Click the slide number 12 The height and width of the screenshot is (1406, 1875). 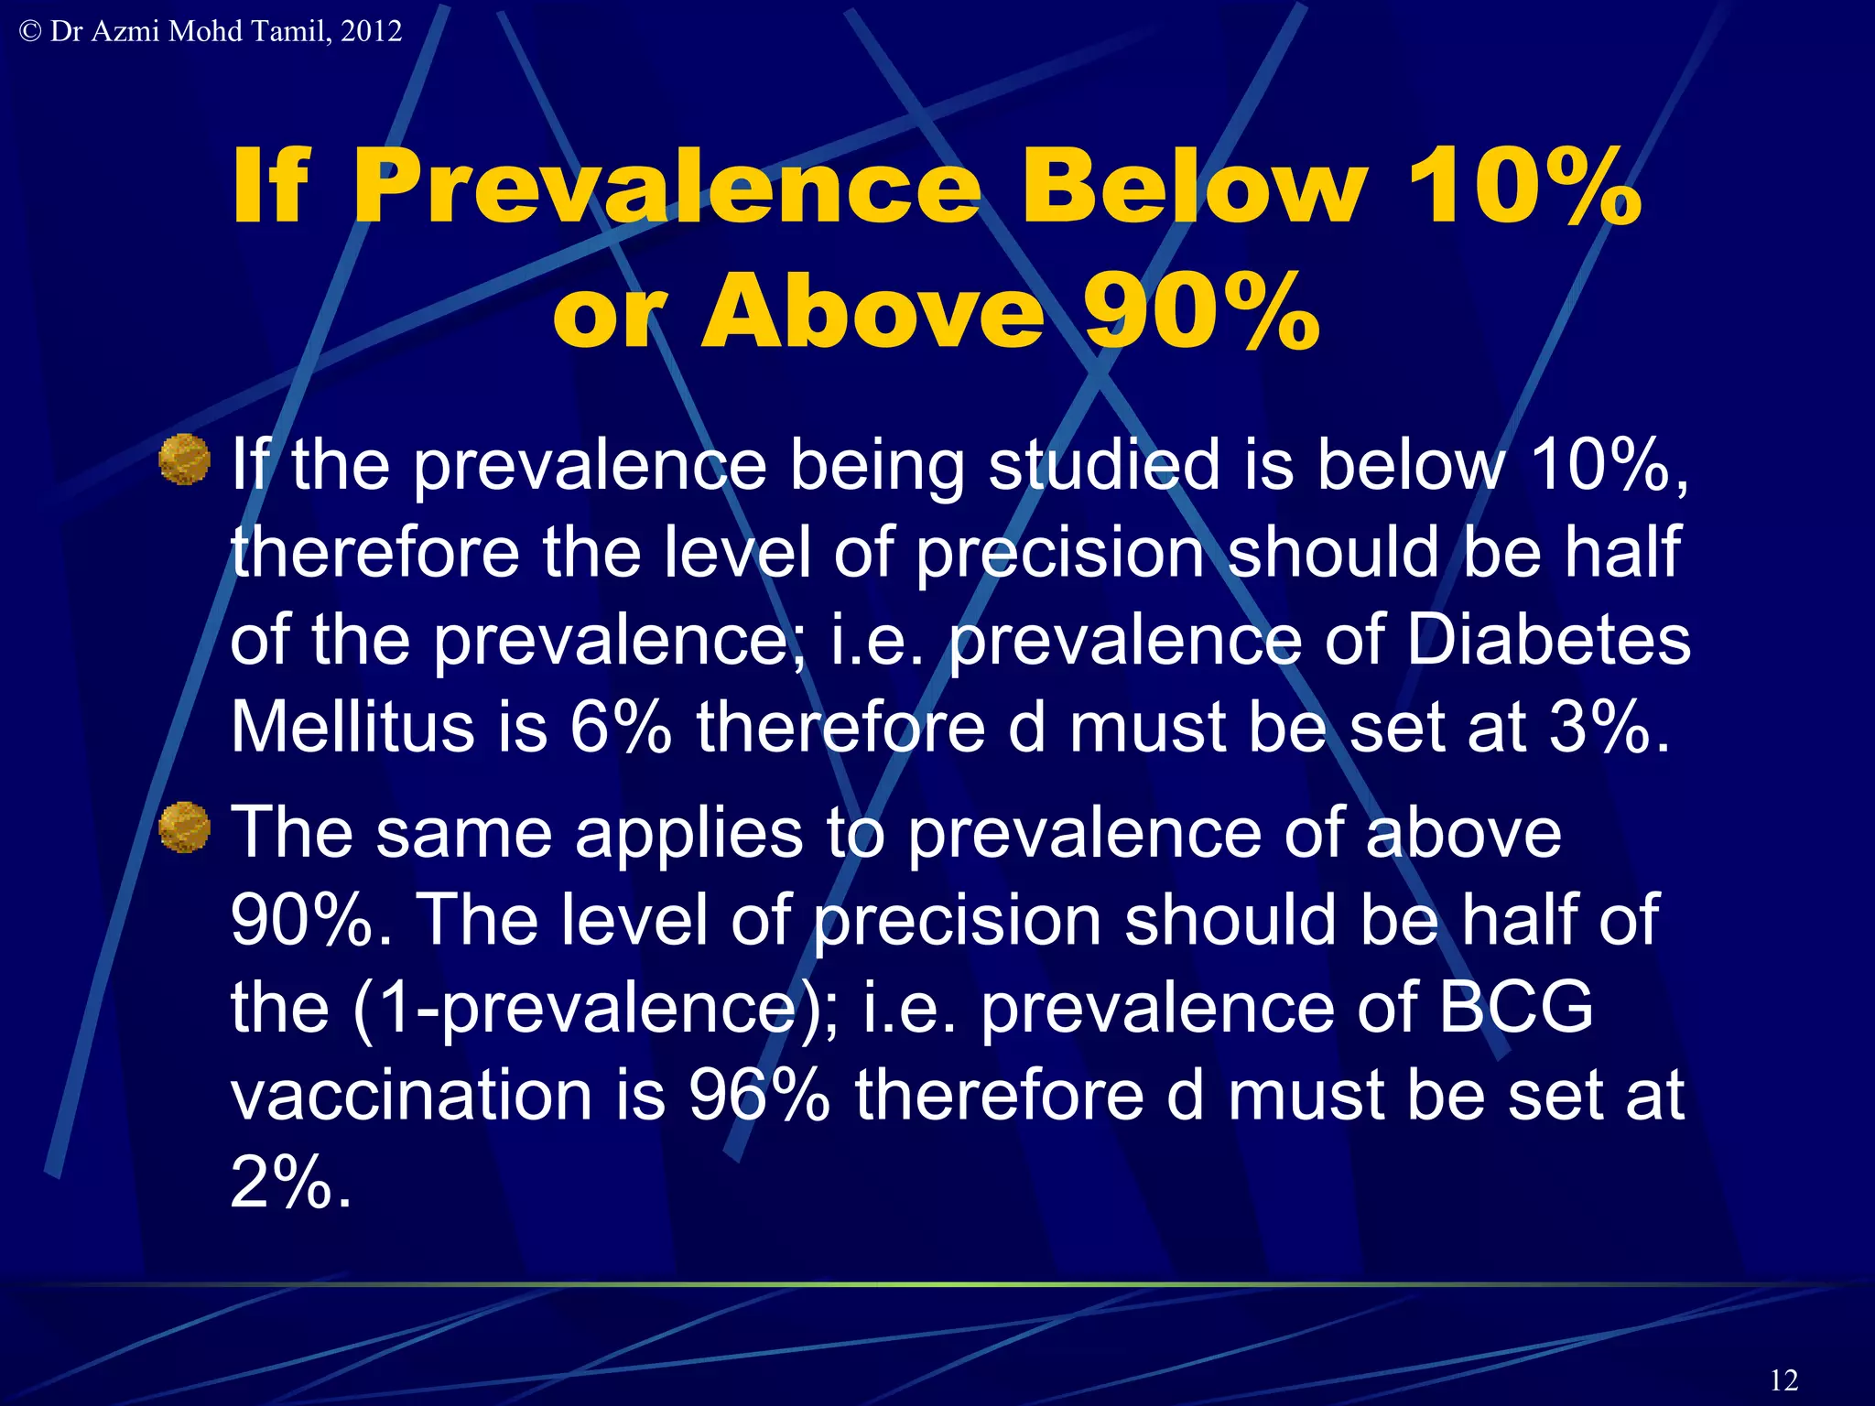(x=1783, y=1379)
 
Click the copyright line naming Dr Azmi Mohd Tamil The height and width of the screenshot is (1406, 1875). (x=211, y=31)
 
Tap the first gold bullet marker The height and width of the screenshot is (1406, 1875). (x=184, y=459)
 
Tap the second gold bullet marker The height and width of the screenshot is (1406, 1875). (x=184, y=827)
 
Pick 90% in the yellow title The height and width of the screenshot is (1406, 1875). (x=1201, y=312)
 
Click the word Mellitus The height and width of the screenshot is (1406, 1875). (x=352, y=727)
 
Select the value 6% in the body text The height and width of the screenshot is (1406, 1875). (x=621, y=727)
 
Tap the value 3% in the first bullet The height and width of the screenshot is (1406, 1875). (x=1599, y=727)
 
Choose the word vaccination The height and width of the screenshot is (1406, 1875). (x=411, y=1095)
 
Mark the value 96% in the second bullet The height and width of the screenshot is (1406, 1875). (x=760, y=1095)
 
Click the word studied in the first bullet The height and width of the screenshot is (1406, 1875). (x=1104, y=464)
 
